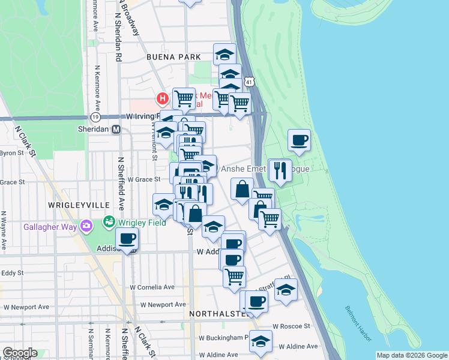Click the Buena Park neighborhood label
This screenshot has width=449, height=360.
[173, 57]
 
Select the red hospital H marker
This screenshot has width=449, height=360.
[161, 98]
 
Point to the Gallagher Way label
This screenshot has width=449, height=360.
[47, 227]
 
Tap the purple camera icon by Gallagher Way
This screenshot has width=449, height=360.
[87, 226]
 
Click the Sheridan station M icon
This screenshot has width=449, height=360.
[116, 129]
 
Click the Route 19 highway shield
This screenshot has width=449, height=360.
[95, 118]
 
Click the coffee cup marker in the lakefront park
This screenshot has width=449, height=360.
[299, 140]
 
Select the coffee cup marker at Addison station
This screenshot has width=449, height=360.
[127, 239]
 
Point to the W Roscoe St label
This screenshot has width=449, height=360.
[291, 326]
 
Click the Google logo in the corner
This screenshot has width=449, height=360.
[19, 353]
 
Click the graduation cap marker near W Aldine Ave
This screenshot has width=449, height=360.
[261, 341]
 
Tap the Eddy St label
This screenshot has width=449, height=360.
[12, 272]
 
